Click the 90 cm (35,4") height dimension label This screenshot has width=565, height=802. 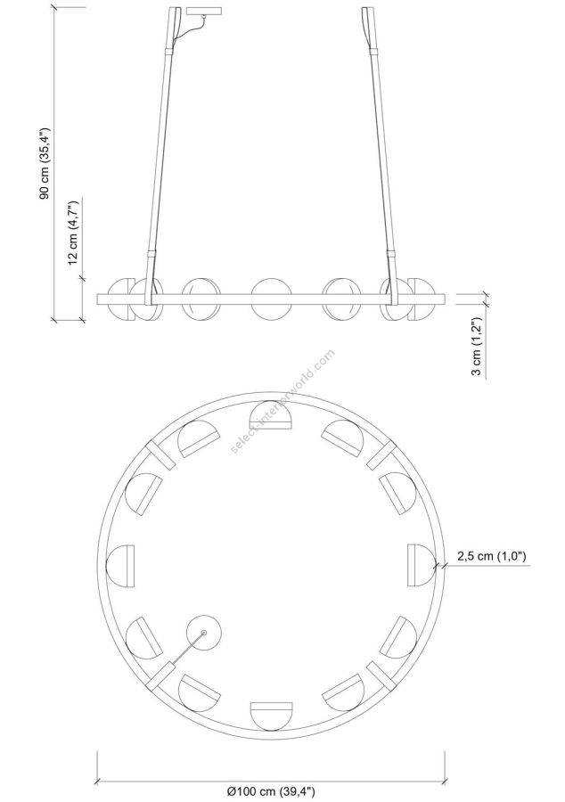click(45, 163)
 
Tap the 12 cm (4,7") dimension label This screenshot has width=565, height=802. click(73, 233)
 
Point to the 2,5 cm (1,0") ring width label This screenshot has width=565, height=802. click(491, 556)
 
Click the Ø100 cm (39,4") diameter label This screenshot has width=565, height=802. click(271, 792)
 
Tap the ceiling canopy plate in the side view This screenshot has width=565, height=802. click(204, 11)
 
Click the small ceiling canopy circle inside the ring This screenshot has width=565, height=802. click(203, 632)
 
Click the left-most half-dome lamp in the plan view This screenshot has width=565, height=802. click(120, 566)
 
